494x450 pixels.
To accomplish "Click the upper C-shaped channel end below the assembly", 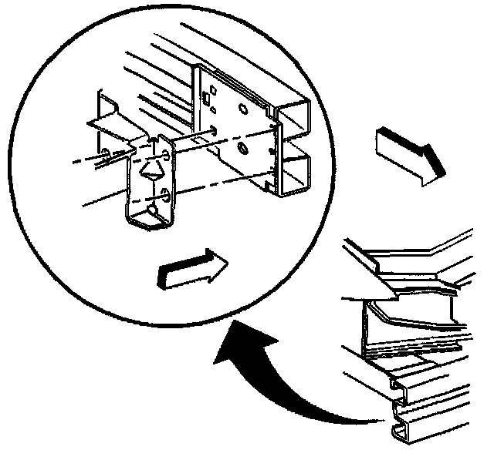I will [x=403, y=385].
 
